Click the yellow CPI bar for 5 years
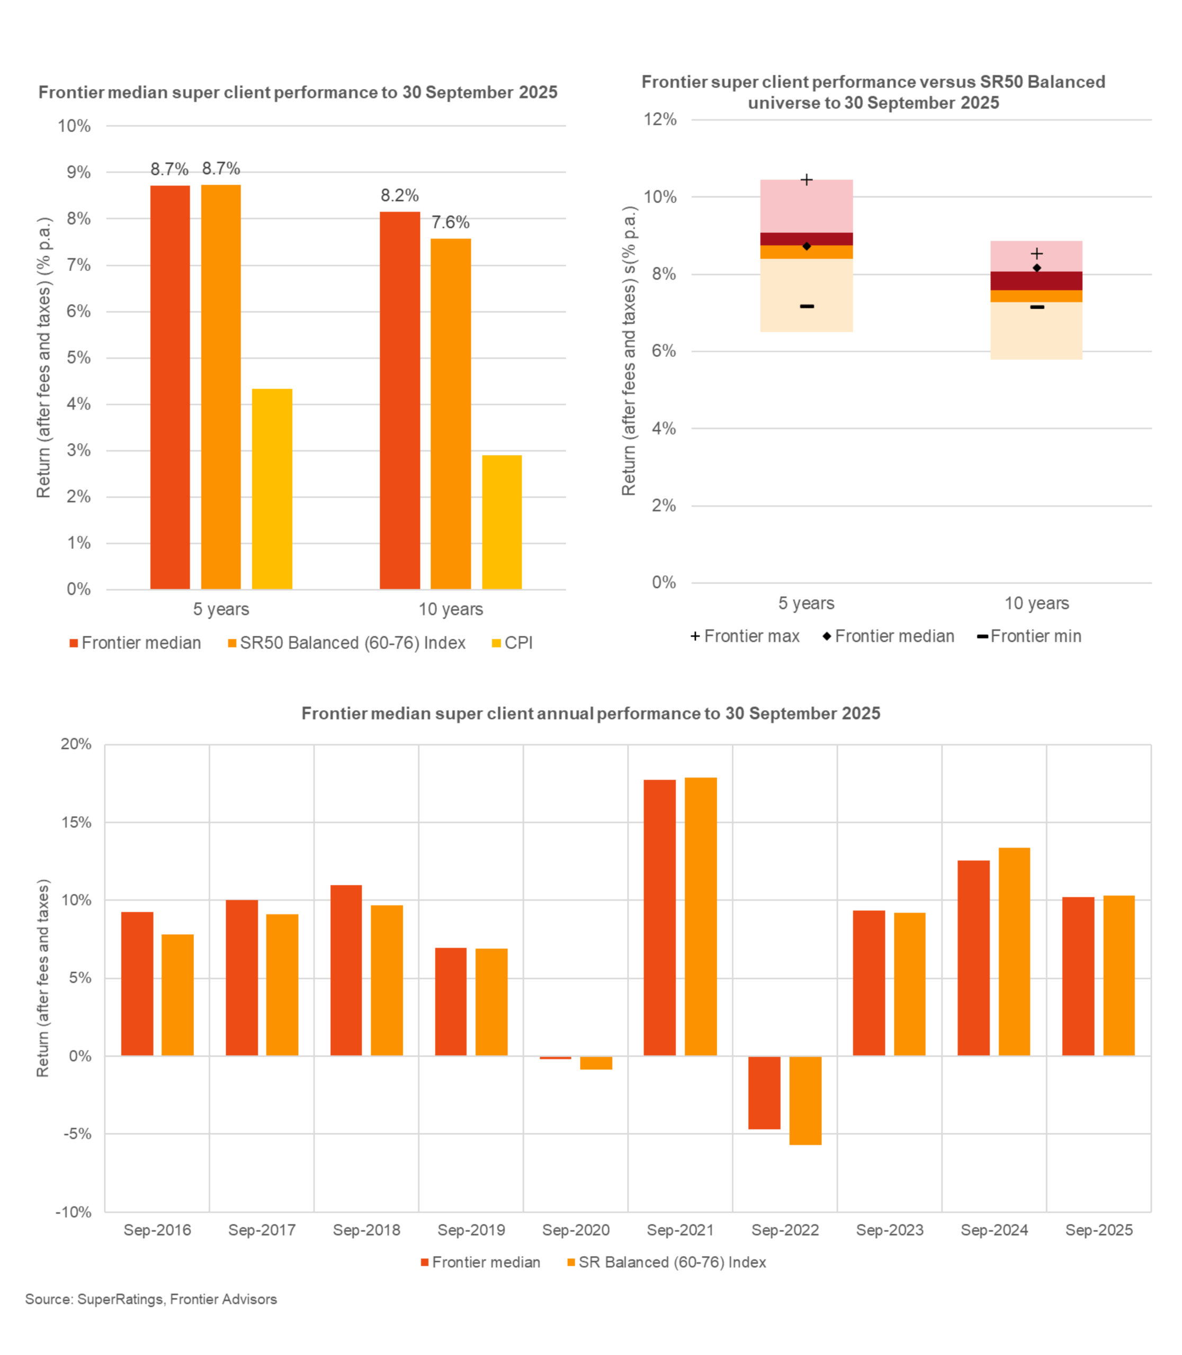272,489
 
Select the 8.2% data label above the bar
399,196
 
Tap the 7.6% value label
451,223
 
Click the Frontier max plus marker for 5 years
806,180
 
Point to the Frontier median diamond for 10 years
1036,268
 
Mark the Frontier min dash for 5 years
806,306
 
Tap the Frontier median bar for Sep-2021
660,917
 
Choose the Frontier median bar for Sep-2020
556,1058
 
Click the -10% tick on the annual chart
73,1212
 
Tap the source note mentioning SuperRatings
151,1299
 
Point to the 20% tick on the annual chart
76,744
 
